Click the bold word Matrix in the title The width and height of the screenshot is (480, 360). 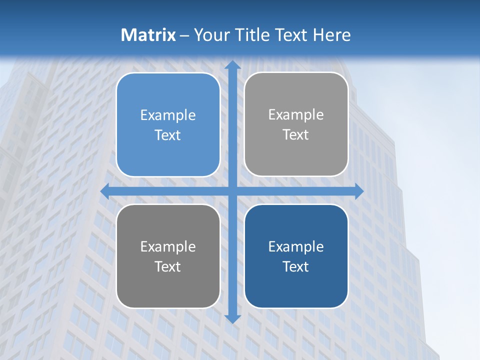click(x=148, y=35)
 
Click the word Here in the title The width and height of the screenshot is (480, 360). click(x=332, y=35)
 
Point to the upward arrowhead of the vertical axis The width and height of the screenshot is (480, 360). click(x=232, y=65)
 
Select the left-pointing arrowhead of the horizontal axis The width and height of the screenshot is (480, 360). click(x=105, y=191)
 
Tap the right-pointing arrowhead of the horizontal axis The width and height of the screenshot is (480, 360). click(x=358, y=191)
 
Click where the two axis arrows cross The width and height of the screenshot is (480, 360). click(x=232, y=191)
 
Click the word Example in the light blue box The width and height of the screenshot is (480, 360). click(x=168, y=115)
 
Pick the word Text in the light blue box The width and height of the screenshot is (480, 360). click(x=168, y=135)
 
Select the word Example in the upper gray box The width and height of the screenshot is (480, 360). click(x=296, y=115)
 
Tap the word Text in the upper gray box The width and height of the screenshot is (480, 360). click(x=296, y=135)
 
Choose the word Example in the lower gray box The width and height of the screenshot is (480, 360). click(x=168, y=247)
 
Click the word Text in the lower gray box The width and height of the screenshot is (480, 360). click(x=168, y=267)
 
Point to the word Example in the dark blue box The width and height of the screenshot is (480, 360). click(x=296, y=247)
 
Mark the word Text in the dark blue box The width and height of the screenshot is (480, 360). click(x=296, y=267)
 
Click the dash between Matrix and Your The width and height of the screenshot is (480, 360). click(x=184, y=35)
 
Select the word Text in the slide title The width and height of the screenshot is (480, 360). click(x=289, y=35)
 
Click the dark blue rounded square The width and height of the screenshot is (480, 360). click(x=296, y=290)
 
